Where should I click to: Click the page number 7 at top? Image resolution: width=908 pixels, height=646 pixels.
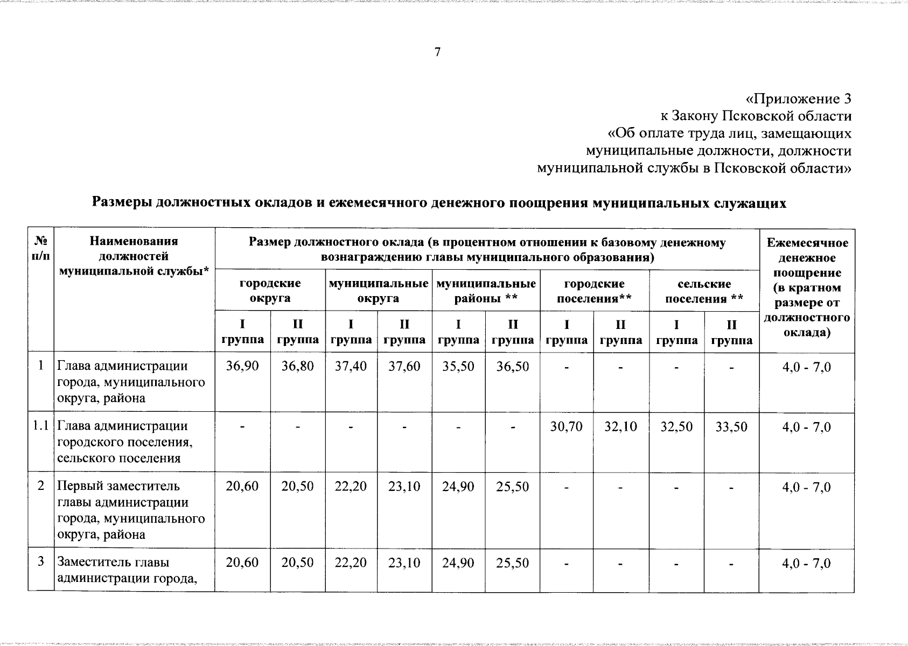pos(437,52)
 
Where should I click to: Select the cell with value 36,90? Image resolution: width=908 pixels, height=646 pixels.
pos(242,367)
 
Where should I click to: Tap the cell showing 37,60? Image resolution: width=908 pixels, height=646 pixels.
pos(404,367)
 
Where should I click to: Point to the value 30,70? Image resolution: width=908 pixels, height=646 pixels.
pos(566,427)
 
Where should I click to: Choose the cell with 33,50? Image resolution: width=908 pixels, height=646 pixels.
pos(731,427)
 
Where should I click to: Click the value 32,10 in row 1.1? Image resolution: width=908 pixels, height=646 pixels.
pos(620,427)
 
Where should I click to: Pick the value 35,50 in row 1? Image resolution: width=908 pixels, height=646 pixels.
pos(458,367)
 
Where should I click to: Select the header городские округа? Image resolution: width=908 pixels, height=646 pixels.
pos(270,291)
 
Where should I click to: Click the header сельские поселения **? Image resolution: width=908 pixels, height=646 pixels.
pos(704,291)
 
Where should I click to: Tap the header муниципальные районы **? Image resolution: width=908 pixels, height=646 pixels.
pos(486,291)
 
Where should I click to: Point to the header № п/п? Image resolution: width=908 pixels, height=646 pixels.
pos(41,249)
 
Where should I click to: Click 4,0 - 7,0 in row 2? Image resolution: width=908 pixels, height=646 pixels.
pos(806,487)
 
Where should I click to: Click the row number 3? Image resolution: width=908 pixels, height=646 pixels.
pos(41,562)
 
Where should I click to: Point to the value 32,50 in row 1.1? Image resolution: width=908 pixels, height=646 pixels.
pos(676,427)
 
